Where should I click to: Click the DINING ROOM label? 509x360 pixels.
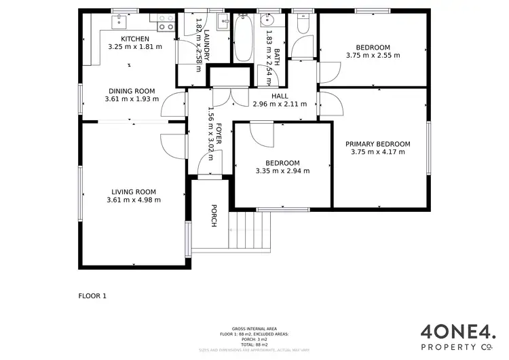point(132,91)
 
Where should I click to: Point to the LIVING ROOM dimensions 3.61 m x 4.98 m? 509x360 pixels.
point(134,200)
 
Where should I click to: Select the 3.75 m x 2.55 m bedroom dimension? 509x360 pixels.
point(373,56)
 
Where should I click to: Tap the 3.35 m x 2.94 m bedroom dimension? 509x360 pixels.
point(282,171)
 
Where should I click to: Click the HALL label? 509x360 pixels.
point(280,96)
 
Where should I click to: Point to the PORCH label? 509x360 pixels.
point(214,216)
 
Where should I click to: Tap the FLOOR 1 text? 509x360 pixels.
point(93,296)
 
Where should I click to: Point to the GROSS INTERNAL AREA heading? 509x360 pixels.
point(254,327)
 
